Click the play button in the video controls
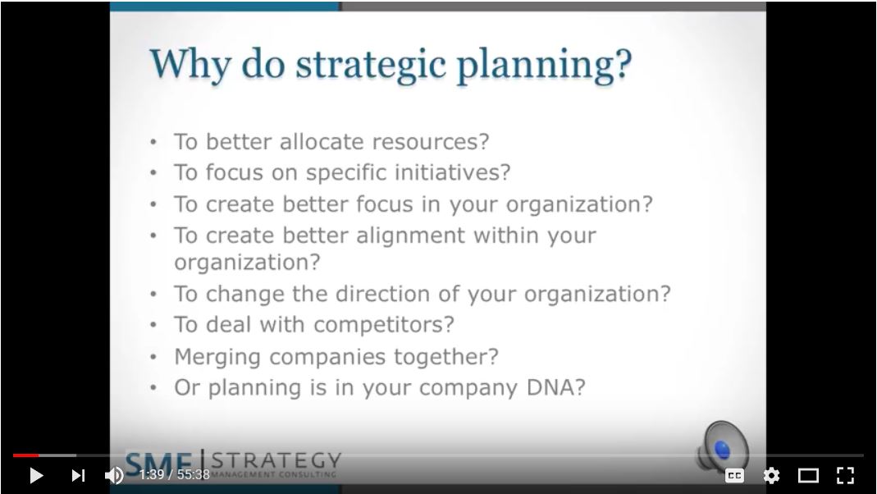(35, 475)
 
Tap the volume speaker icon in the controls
(114, 475)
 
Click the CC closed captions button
(734, 475)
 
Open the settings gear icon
(771, 475)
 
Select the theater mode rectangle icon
(808, 475)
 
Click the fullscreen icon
(845, 475)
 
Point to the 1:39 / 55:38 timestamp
(174, 475)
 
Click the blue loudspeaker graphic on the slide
(722, 448)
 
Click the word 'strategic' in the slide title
(372, 66)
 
